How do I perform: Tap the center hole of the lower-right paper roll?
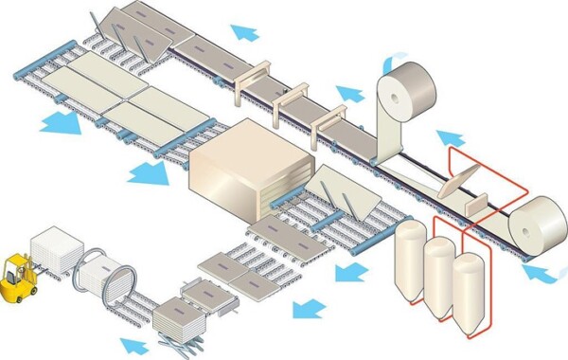[552, 225]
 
